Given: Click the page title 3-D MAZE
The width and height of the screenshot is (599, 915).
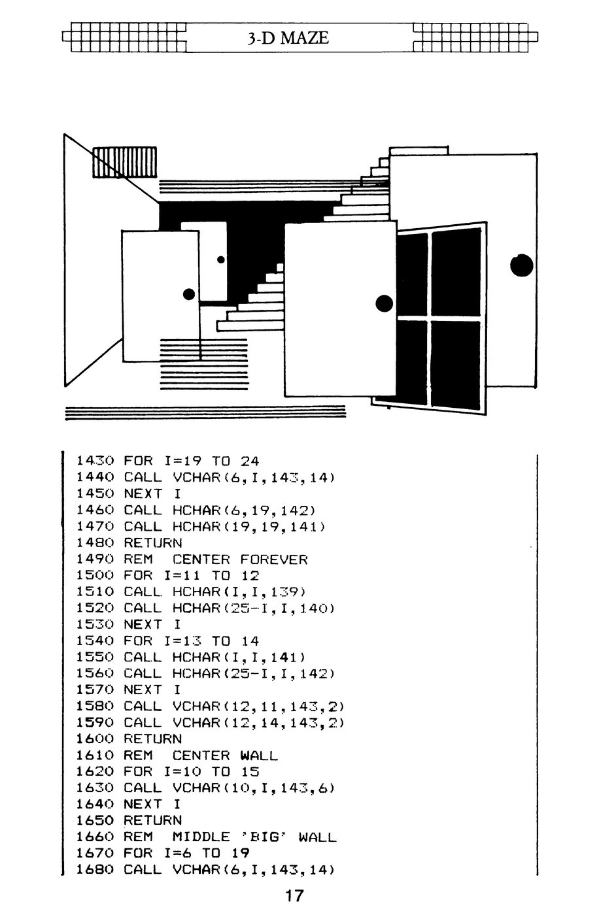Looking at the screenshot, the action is tap(288, 38).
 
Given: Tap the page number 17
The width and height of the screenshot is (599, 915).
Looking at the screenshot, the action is tap(294, 895).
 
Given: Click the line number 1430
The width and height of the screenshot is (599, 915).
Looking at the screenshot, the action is tap(95, 461).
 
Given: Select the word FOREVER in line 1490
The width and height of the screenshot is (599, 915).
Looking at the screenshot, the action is tap(273, 559).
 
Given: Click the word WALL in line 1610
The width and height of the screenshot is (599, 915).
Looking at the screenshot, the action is tap(259, 756).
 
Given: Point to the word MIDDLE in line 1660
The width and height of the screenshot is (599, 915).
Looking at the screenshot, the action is tap(201, 837).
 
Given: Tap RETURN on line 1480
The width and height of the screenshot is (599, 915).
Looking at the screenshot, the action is tap(153, 543).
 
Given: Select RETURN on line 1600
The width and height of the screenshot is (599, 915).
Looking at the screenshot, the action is tap(153, 739).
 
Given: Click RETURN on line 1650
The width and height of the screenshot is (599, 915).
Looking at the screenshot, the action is tap(153, 821).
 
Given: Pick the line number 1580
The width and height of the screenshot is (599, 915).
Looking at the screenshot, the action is tap(95, 707).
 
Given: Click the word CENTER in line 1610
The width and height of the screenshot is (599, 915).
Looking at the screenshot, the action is tap(201, 756).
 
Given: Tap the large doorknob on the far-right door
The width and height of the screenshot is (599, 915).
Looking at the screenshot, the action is tap(521, 265).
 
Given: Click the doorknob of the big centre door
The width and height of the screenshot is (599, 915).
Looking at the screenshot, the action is tap(384, 303).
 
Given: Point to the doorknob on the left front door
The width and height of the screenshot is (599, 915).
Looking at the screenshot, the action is tap(189, 294).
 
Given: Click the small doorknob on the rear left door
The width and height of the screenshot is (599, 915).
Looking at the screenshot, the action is tap(220, 259).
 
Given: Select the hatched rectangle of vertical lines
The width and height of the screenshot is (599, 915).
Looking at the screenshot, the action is tap(125, 162).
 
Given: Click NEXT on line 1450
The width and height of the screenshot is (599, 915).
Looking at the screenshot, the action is tap(143, 493).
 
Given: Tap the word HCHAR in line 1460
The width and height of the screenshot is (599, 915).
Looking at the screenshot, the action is tap(196, 510).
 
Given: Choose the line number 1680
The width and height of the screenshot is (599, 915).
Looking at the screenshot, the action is tap(95, 870).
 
